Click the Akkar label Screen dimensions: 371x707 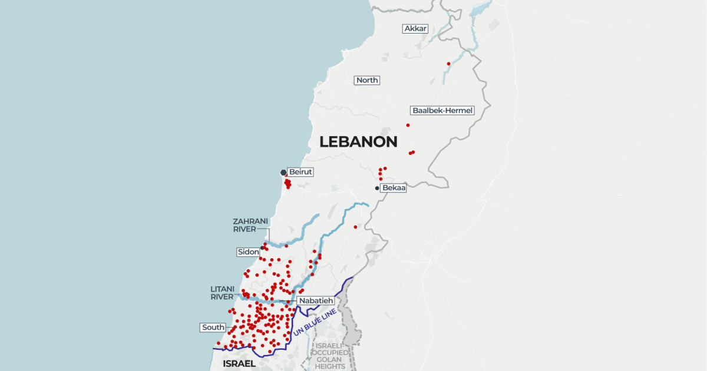(x=415, y=28)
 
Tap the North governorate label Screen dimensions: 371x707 (x=367, y=80)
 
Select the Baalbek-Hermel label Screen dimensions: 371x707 (x=442, y=110)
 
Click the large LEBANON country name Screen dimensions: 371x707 (x=358, y=142)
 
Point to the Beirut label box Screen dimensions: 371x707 (x=300, y=172)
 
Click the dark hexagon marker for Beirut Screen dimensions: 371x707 (x=283, y=173)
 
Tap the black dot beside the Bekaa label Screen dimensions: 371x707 (x=377, y=188)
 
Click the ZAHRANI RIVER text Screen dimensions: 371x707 (x=250, y=225)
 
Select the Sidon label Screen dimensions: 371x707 (x=248, y=252)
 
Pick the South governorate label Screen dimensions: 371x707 (x=213, y=327)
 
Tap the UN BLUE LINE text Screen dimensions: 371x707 (x=315, y=323)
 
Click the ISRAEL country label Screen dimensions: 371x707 (x=239, y=364)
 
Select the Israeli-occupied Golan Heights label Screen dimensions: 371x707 (x=330, y=356)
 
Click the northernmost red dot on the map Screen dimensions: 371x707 (x=449, y=64)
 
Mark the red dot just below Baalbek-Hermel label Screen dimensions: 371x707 (x=408, y=125)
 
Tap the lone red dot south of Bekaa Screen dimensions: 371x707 (x=355, y=227)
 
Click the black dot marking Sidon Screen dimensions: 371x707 (x=262, y=248)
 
